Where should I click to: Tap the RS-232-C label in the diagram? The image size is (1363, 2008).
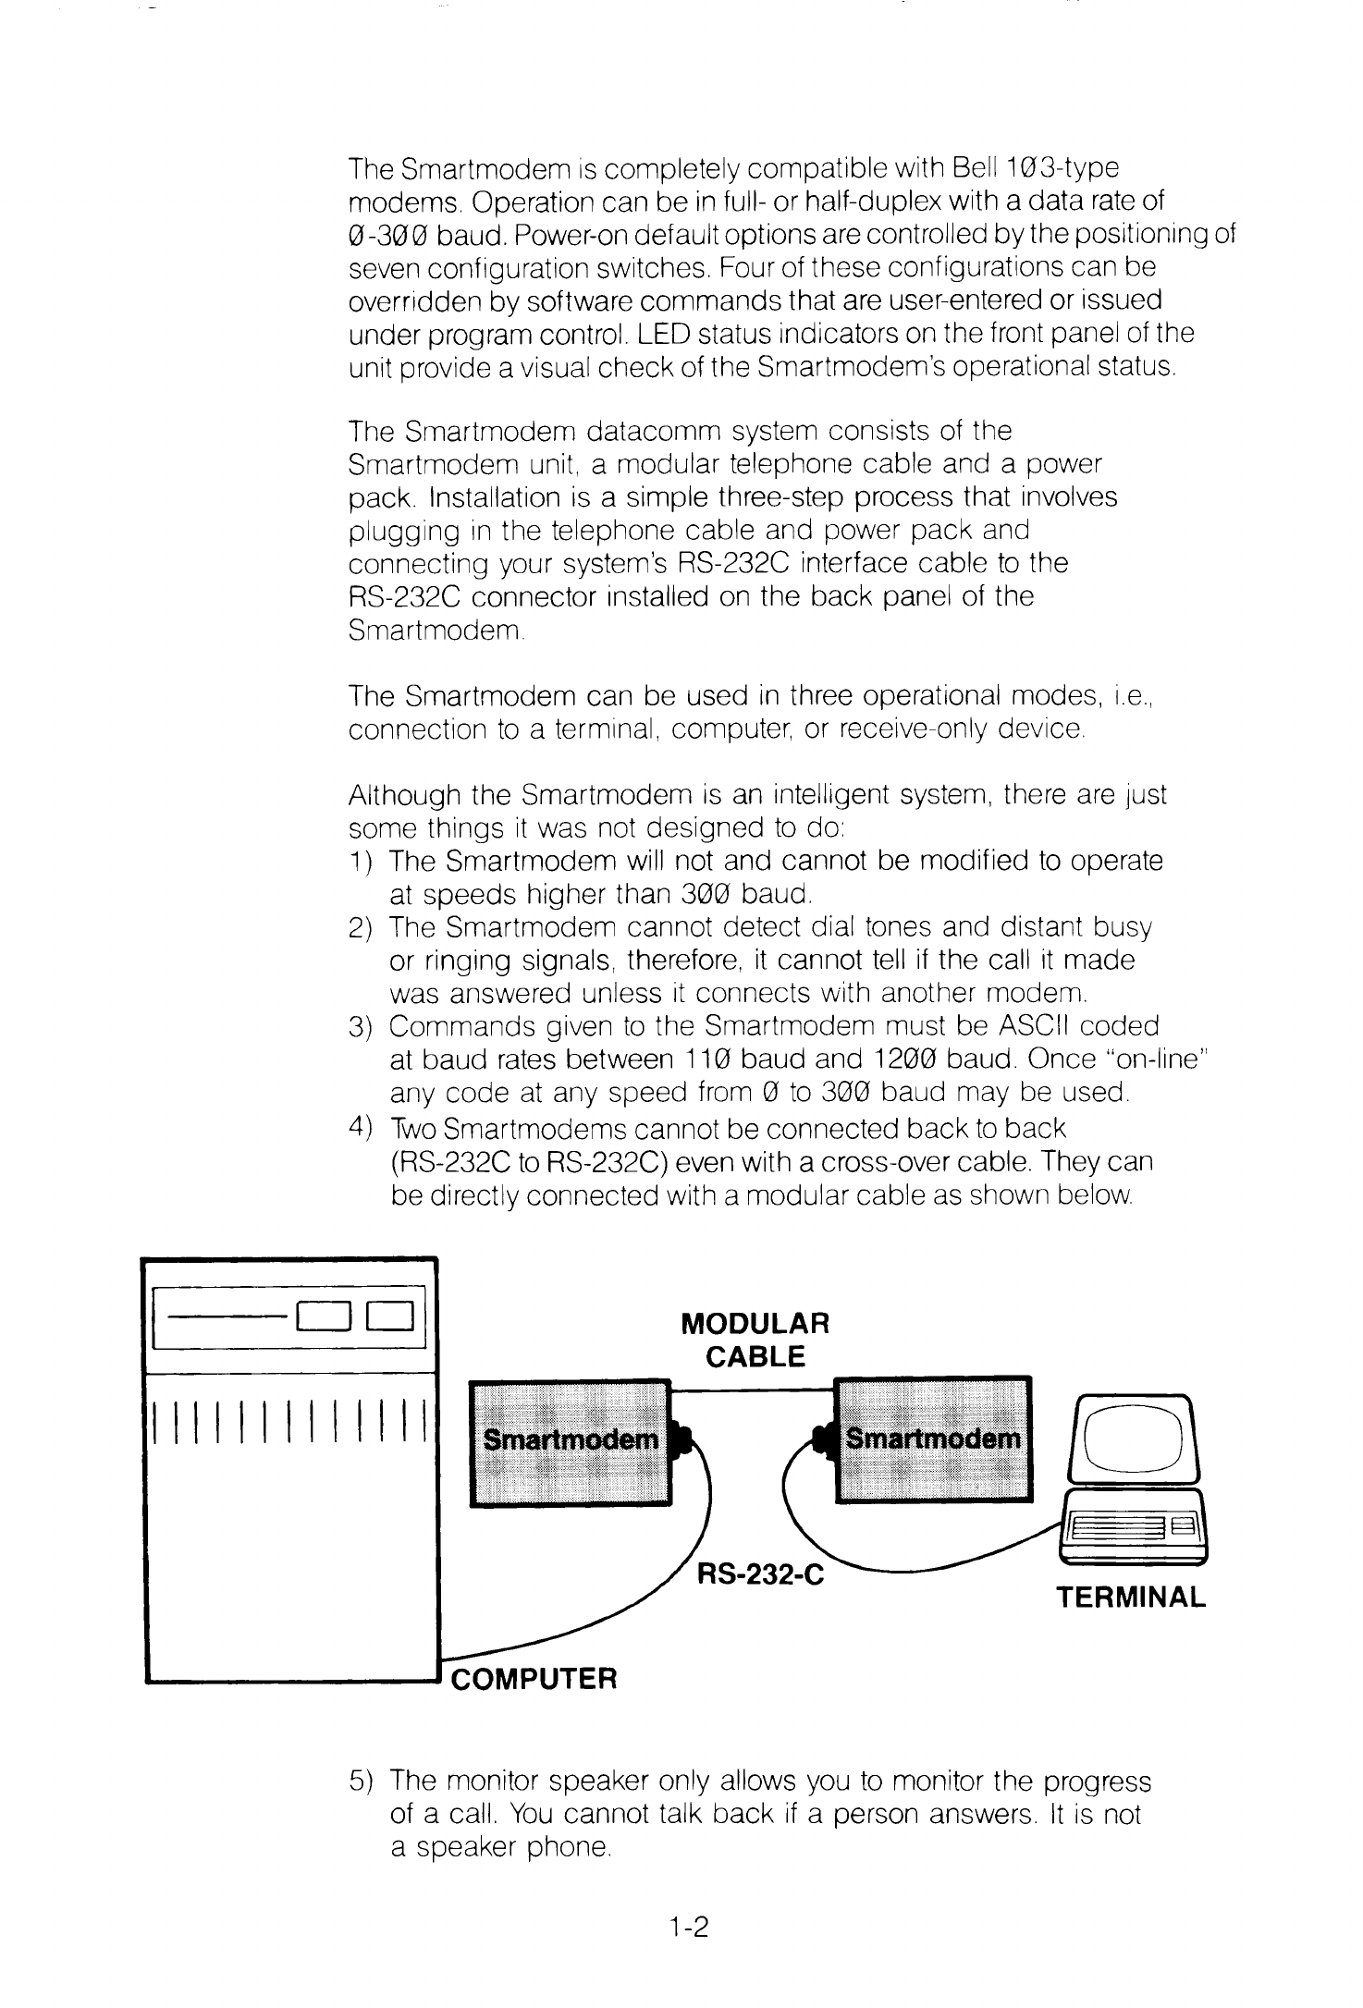[758, 1574]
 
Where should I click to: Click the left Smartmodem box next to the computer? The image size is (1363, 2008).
[571, 1441]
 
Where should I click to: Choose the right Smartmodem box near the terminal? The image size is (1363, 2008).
[933, 1439]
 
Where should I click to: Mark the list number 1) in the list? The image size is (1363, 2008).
[361, 862]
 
